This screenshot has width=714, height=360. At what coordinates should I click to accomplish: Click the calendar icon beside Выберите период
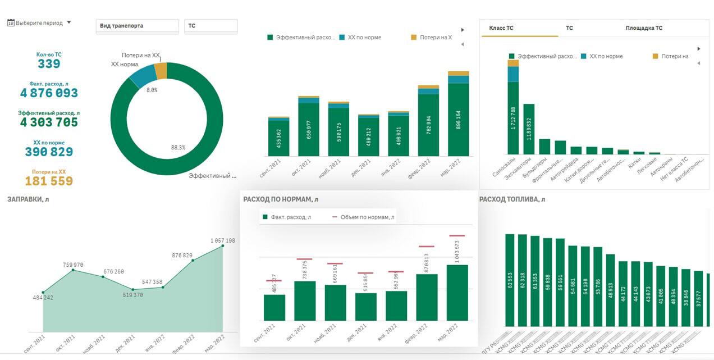point(11,23)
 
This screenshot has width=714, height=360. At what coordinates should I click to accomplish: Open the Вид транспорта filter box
point(137,26)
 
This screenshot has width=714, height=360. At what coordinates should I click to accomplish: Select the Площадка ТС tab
point(644,28)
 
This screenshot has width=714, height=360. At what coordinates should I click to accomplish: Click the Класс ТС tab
point(501,28)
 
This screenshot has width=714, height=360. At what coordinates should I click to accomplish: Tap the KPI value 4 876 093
point(49,93)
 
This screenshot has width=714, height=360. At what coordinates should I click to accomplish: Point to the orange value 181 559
point(49,181)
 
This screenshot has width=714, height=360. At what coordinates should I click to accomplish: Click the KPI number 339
point(49,64)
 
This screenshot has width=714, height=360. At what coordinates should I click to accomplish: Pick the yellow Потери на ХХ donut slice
point(161,71)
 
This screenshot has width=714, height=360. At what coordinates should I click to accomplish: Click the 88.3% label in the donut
point(178,148)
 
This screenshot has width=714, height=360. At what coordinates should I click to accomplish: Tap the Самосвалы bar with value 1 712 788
point(513,118)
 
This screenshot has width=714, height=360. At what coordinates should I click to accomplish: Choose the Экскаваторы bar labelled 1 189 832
point(529,129)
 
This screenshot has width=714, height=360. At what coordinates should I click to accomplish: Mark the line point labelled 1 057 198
point(223,245)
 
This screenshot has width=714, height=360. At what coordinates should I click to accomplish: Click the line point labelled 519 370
point(133,289)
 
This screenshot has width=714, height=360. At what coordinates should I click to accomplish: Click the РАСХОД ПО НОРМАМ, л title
point(281,199)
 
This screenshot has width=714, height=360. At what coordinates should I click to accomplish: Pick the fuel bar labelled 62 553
point(510,281)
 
